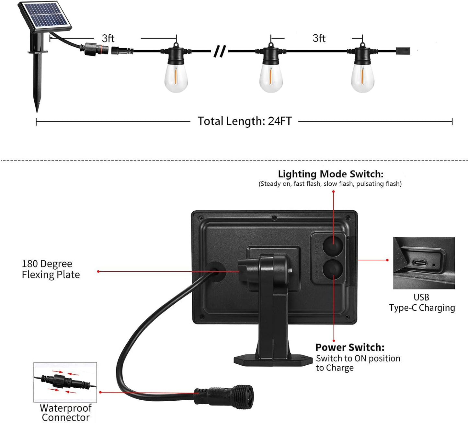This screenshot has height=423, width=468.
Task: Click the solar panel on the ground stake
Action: pos(45,16)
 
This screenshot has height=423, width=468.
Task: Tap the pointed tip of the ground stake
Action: pos(37,109)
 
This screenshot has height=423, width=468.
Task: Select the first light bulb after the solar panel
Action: pos(176,78)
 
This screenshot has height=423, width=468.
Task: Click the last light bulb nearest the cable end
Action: pos(362,78)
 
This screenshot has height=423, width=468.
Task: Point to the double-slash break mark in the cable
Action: pos(220,51)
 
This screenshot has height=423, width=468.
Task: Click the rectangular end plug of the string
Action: pos(403,51)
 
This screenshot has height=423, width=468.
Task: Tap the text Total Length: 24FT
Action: pos(245,121)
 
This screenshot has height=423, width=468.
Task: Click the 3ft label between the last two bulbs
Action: pos(319,38)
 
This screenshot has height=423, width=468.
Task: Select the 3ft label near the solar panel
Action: pos(108,39)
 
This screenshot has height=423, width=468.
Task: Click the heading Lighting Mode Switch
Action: pos(330,174)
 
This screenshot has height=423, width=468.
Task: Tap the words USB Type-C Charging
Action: pos(422,302)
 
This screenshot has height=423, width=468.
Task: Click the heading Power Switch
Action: pos(350,347)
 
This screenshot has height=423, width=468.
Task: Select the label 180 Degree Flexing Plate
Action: pos(51,269)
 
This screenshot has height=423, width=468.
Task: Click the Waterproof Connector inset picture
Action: pos(65,382)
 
